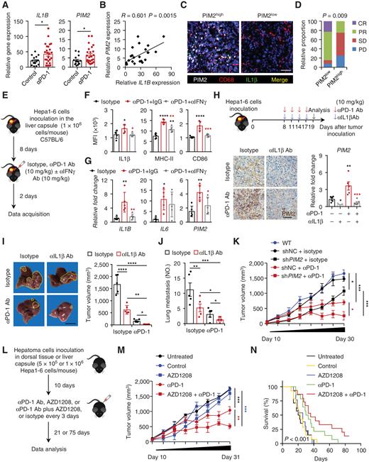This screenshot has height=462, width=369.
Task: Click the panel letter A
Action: click(5, 6)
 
